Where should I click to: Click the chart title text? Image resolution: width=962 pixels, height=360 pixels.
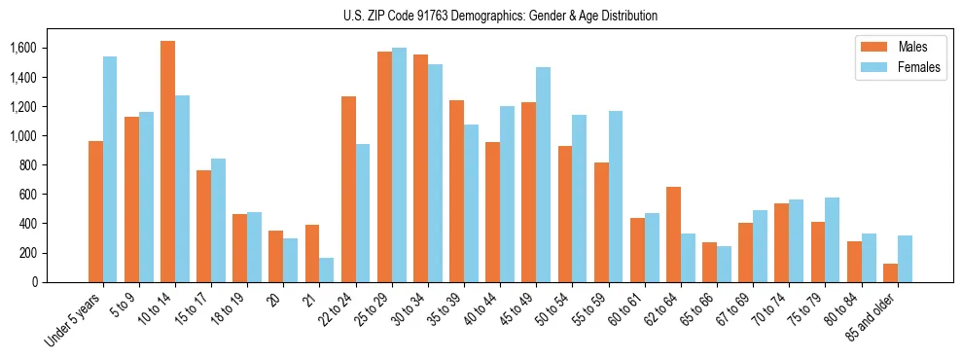click(x=500, y=16)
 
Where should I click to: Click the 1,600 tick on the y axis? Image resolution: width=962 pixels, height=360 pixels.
click(x=22, y=48)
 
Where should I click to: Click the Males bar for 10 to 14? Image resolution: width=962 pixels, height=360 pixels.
click(x=167, y=162)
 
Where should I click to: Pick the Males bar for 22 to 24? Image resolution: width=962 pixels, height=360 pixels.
click(x=348, y=189)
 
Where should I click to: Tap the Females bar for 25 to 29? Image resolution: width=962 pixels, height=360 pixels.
click(x=399, y=164)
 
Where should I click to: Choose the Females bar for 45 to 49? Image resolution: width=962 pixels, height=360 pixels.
click(x=543, y=174)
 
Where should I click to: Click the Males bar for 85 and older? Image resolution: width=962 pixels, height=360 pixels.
click(x=890, y=272)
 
